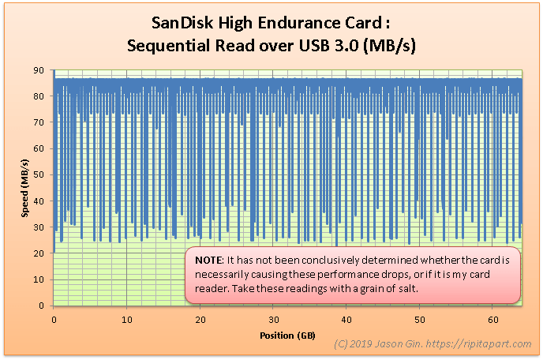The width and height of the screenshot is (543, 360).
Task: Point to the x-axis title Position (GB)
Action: point(287,336)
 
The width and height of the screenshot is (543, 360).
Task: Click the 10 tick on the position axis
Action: point(126,320)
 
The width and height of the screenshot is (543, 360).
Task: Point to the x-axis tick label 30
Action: point(273,320)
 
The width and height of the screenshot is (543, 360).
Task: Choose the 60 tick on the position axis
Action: point(493,320)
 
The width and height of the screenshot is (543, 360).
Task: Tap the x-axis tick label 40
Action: point(346,320)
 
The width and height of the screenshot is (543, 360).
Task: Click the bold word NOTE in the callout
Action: point(208,261)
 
